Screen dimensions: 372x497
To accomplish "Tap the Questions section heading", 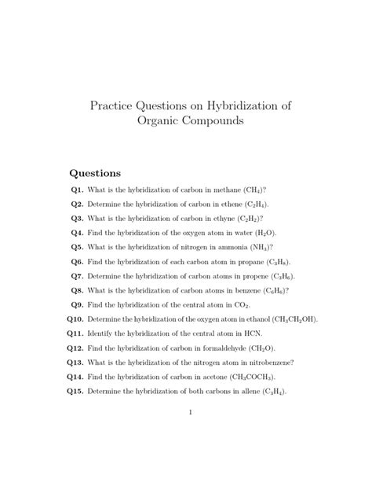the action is [96, 173].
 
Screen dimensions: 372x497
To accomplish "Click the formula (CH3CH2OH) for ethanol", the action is [289, 319].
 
